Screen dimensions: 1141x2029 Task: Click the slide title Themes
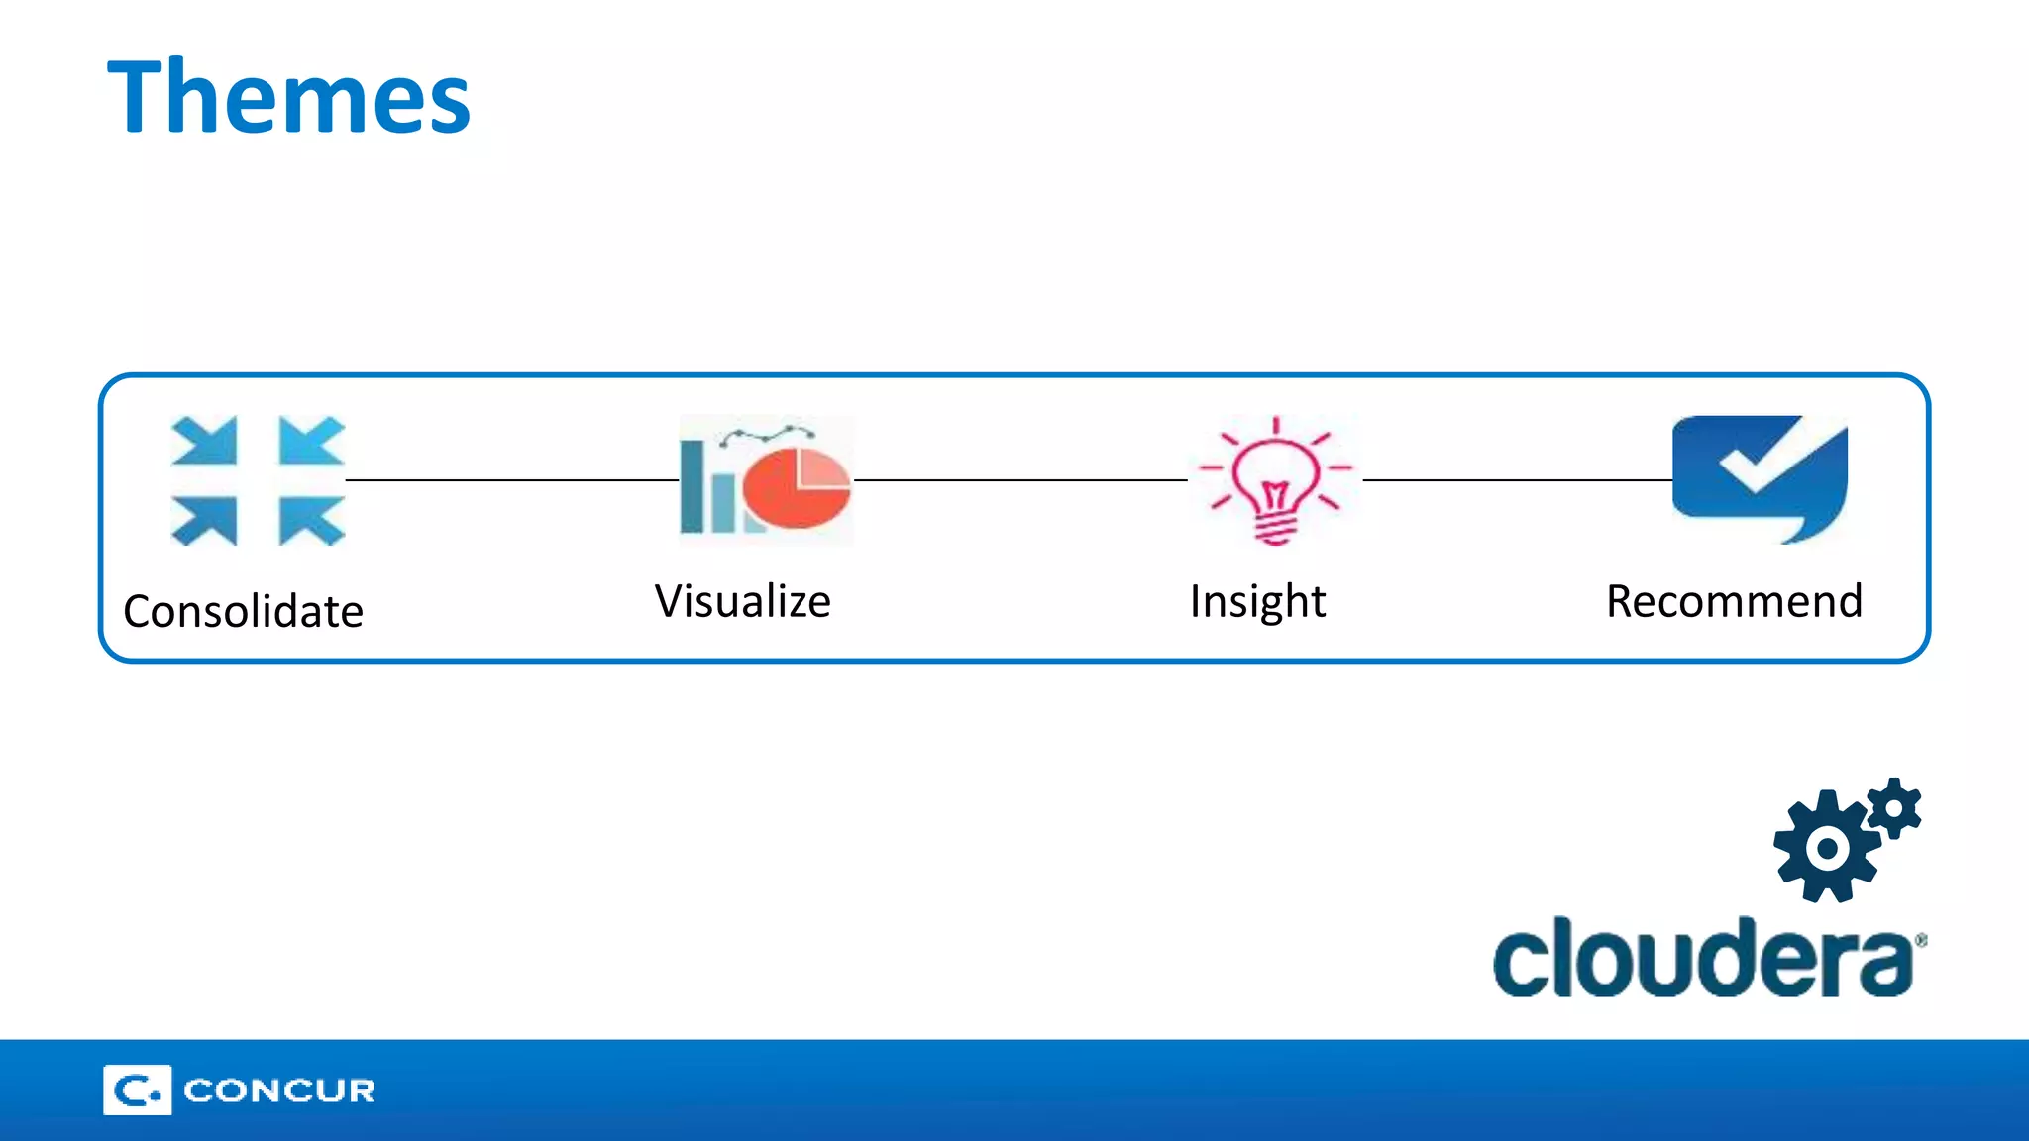[x=288, y=97]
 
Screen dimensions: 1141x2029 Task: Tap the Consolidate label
[x=243, y=611]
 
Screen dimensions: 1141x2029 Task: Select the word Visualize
[x=743, y=601]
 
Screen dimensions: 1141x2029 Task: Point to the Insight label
[x=1257, y=601]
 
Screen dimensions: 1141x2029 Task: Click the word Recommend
[x=1734, y=601]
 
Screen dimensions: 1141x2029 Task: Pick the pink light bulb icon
[x=1275, y=481]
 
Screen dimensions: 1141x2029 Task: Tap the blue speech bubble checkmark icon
[x=1759, y=478]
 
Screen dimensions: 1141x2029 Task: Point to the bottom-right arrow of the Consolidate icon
[x=310, y=520]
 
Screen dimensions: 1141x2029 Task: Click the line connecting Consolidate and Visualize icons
[x=511, y=480]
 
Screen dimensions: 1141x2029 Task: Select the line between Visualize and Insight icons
[x=1020, y=480]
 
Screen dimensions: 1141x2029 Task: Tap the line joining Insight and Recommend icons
[x=1517, y=480]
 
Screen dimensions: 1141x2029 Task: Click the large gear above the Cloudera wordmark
[x=1826, y=848]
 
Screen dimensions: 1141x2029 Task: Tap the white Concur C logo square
[x=137, y=1090]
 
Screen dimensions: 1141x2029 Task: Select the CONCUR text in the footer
[x=279, y=1090]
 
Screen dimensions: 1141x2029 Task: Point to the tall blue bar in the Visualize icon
[x=693, y=486]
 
